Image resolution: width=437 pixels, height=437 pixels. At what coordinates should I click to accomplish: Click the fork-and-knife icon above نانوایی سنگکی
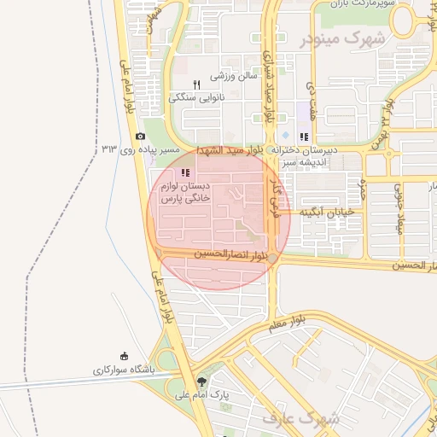tap(196, 84)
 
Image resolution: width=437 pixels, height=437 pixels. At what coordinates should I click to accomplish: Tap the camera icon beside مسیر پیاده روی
tap(141, 136)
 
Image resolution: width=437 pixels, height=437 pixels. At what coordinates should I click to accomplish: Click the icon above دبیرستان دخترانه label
tap(304, 137)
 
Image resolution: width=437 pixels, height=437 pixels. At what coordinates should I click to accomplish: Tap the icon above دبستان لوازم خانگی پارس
tap(185, 173)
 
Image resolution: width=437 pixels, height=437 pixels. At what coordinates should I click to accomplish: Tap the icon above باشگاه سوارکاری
tap(125, 357)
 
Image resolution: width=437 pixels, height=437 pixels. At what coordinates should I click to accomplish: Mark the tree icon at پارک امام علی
tap(201, 382)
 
